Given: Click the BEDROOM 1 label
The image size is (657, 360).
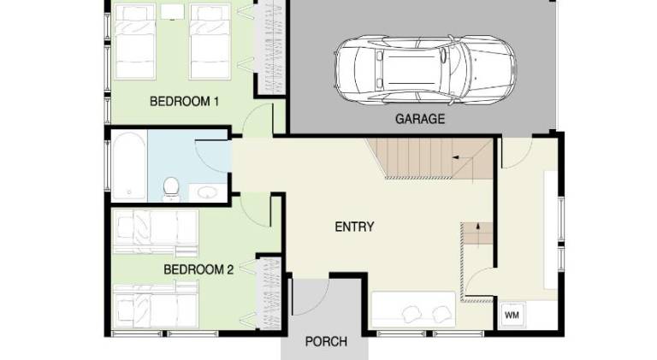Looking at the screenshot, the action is point(185,101).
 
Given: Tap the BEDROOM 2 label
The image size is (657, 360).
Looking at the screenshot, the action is point(198,269).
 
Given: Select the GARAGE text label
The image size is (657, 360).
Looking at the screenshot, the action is point(420,119).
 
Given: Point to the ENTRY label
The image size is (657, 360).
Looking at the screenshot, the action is point(354,227).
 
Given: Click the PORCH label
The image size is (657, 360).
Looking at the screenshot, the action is point(326,342).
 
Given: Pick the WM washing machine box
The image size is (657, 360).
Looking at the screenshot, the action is point(512,316).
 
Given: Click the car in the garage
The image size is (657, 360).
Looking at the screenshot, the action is point(425,70).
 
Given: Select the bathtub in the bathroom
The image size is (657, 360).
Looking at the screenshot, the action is point(129,165).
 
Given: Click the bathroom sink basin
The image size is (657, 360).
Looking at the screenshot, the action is point(207,192).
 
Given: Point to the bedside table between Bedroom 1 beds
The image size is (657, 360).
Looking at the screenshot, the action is point(172,12).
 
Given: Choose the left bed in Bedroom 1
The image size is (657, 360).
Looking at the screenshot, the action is point(135,41).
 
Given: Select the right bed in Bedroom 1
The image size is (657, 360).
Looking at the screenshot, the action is point(210,41).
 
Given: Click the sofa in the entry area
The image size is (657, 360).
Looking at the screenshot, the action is point(413,310).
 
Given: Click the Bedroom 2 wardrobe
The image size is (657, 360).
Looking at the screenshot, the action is point(269,293).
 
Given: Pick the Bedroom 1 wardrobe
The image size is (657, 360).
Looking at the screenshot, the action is point(272,47).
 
